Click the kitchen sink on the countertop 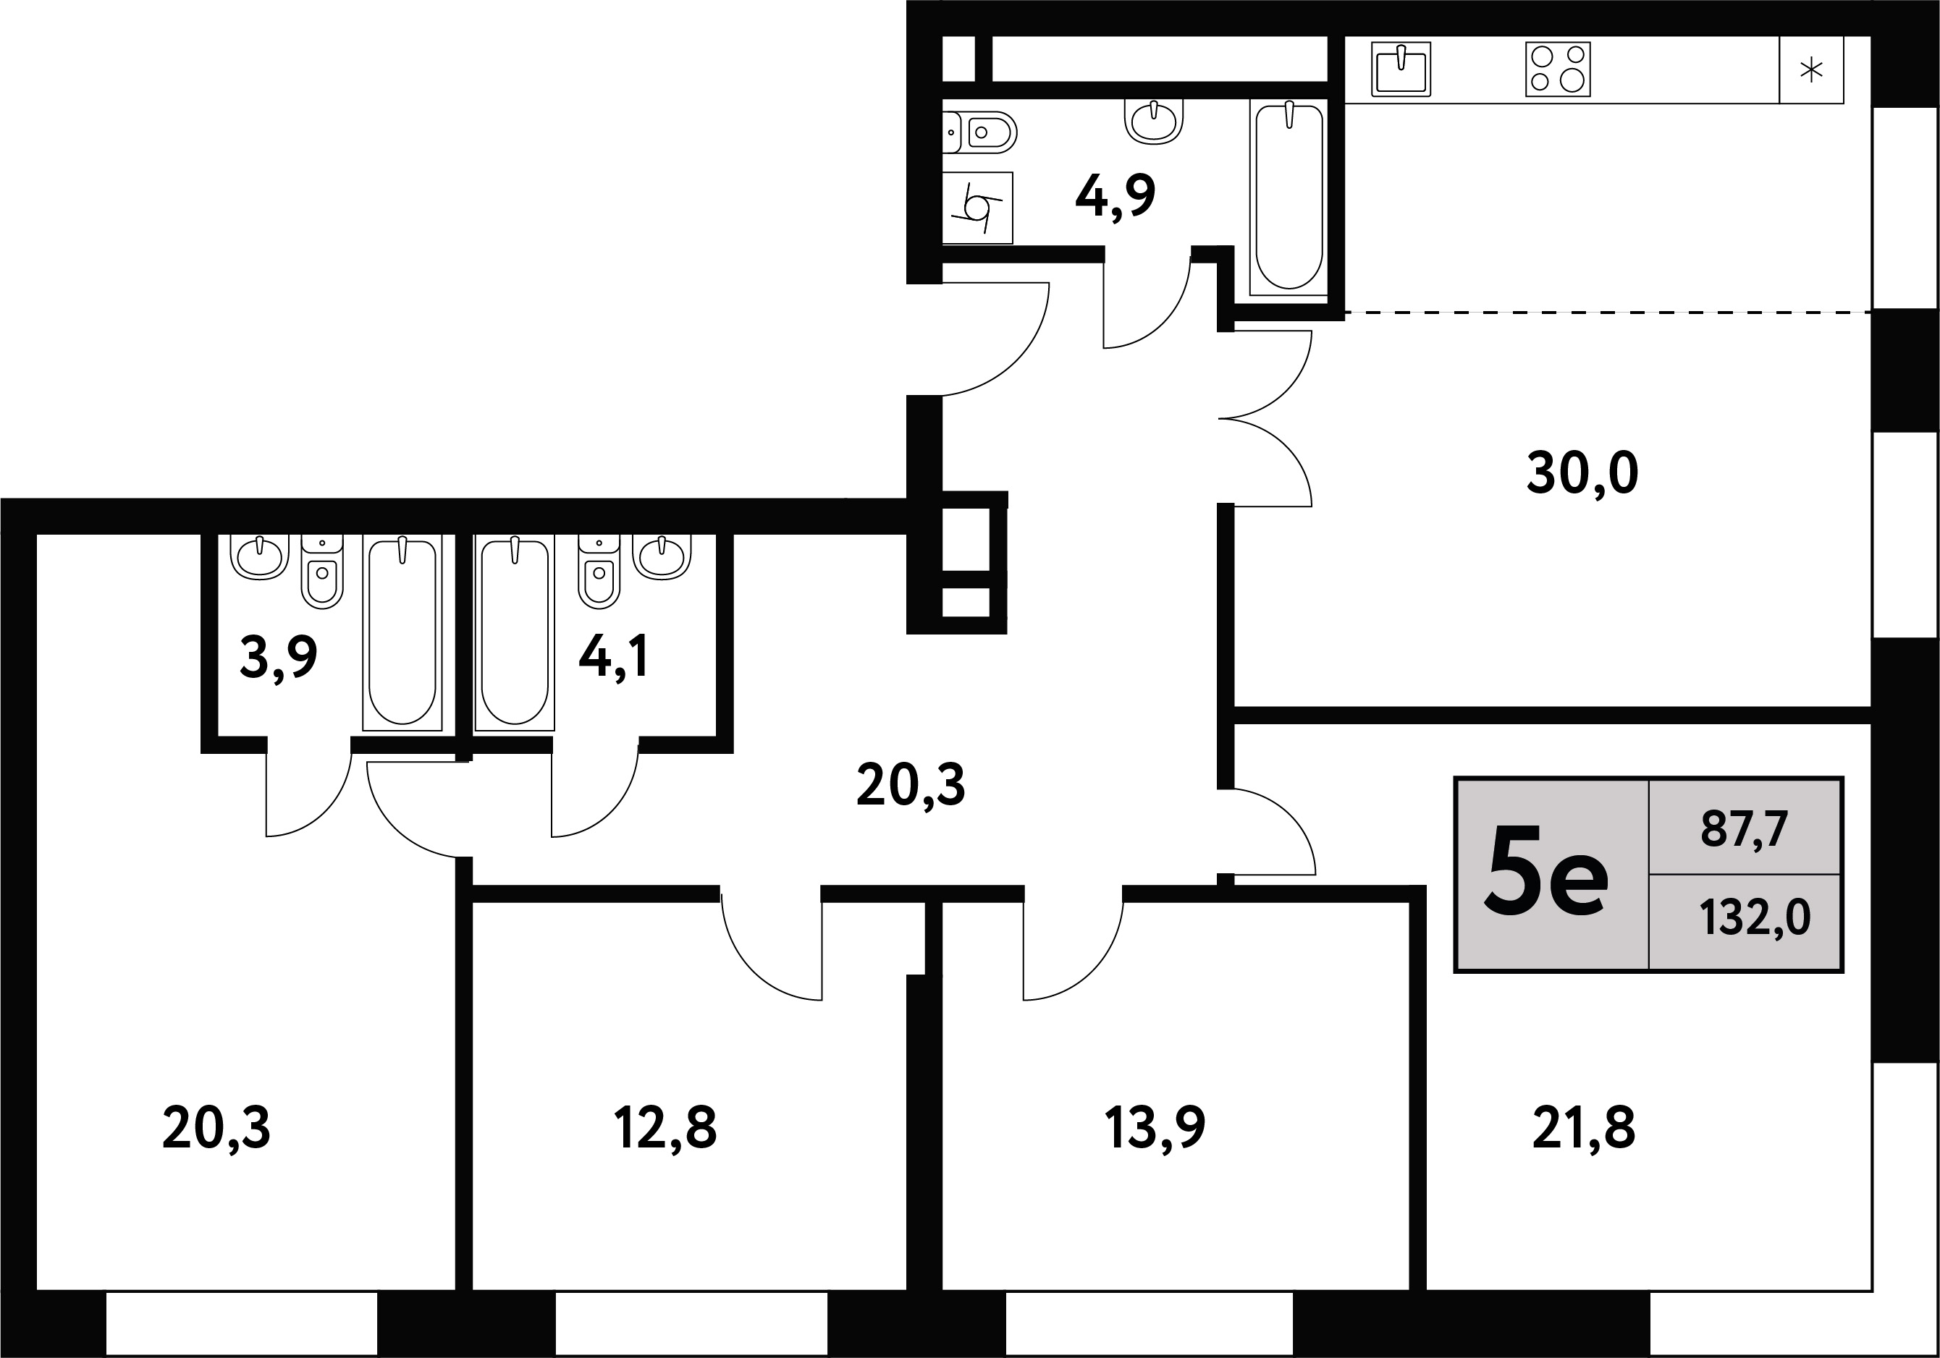[1401, 69]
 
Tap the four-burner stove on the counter [1558, 69]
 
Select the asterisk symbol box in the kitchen [1810, 69]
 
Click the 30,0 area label [1582, 473]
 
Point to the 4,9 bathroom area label [1115, 197]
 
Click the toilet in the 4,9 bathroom [979, 132]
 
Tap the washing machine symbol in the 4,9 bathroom [978, 208]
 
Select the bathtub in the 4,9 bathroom [1289, 198]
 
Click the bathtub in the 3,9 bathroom [402, 632]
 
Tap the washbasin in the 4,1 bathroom [662, 557]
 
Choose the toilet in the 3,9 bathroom [322, 572]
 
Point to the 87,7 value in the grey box [1744, 830]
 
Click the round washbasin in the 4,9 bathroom [1153, 121]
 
